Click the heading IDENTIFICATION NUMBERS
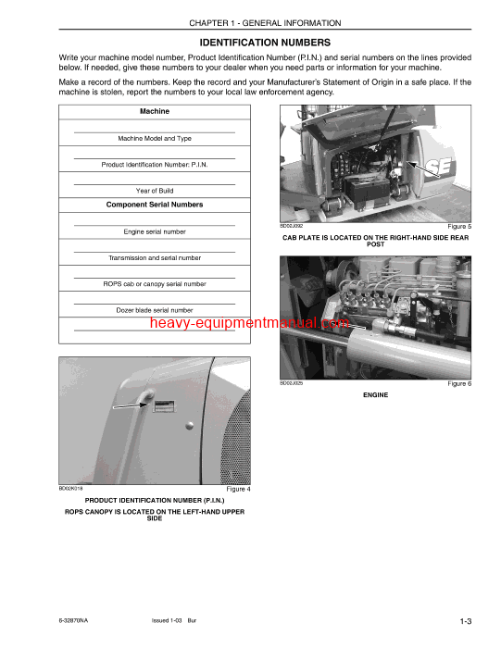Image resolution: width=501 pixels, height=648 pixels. click(265, 43)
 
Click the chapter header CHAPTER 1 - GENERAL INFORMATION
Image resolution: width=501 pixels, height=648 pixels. click(265, 23)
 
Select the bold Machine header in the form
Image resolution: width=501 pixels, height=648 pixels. click(155, 111)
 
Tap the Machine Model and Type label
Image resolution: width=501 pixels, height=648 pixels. click(155, 138)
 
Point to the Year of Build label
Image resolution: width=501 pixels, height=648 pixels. click(155, 191)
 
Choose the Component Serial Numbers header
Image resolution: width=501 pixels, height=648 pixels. click(155, 205)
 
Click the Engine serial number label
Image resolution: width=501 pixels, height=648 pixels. click(155, 231)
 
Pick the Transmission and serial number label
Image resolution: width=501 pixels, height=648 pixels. click(155, 258)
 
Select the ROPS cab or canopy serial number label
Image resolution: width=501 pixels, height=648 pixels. click(155, 284)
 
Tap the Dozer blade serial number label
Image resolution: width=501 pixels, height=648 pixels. click(155, 310)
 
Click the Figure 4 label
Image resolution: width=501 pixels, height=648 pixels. click(238, 489)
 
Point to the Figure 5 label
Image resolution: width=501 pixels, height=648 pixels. click(459, 226)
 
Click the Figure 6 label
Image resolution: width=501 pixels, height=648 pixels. click(459, 383)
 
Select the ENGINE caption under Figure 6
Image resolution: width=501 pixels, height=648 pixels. click(375, 394)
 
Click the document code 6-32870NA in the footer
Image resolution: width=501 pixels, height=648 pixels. click(77, 619)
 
